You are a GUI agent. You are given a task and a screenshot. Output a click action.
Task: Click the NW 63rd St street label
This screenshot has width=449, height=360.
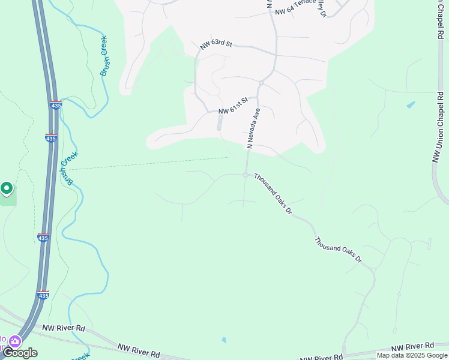[x=215, y=45]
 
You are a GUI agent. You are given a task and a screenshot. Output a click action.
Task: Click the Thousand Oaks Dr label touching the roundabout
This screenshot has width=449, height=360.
[x=273, y=194]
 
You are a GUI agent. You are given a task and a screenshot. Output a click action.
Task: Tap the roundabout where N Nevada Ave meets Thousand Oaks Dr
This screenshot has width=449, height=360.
[x=246, y=175]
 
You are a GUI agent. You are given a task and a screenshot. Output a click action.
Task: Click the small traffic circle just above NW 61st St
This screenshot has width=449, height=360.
[x=262, y=82]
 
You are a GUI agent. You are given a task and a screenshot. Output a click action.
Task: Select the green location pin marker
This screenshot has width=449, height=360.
[x=7, y=189]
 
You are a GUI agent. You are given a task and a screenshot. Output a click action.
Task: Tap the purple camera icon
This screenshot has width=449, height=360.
[x=14, y=341]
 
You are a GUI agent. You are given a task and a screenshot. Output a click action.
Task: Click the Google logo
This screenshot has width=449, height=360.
[x=20, y=353]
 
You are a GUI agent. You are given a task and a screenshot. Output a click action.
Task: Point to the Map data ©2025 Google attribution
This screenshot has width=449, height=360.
[x=412, y=355]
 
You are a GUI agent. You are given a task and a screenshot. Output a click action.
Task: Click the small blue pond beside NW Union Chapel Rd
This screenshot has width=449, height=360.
[x=411, y=105]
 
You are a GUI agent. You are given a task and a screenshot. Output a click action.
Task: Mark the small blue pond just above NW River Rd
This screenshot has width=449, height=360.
[x=224, y=340]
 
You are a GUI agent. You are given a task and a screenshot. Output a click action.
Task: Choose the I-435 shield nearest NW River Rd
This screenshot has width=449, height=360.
[x=43, y=295]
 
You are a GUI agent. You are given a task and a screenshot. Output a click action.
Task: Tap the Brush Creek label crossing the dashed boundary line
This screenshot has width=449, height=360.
[x=68, y=167]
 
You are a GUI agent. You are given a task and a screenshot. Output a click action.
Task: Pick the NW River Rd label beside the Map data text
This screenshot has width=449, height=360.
[x=412, y=347]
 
